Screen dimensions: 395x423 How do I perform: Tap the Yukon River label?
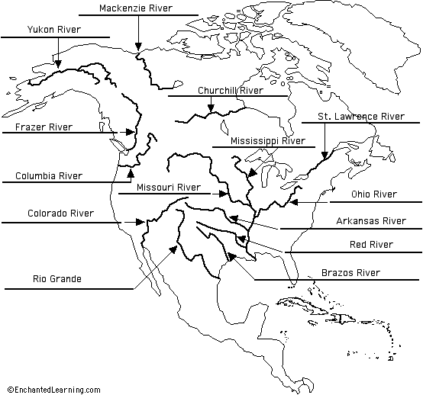53,30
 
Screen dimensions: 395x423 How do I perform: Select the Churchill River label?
230,91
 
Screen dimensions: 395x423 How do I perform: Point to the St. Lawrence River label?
360,116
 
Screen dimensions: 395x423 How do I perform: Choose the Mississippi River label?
267,141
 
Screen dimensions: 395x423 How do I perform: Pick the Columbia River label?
49,176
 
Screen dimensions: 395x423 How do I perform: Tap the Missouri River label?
168,187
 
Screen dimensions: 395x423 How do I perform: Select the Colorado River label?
60,214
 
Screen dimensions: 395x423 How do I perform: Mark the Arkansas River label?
370,221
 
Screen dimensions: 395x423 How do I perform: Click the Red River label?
371,245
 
